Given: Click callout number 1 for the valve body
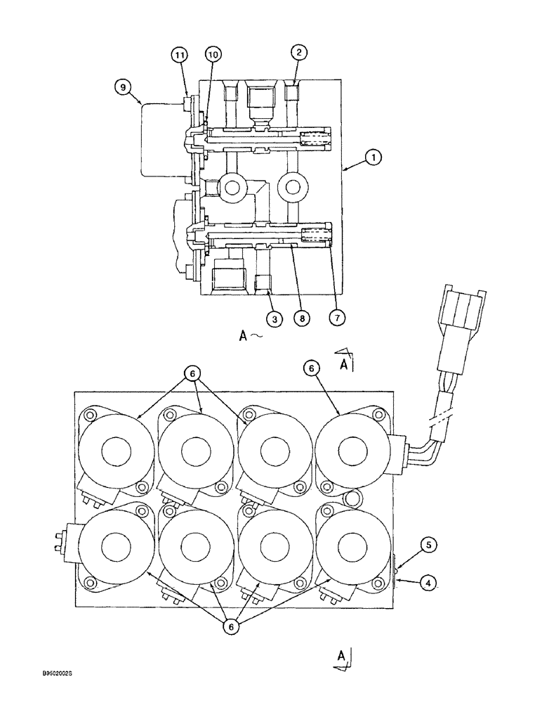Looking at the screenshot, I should [x=374, y=159].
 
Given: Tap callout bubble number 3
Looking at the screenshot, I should [x=275, y=319].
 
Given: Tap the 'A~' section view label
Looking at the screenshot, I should [x=249, y=337].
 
